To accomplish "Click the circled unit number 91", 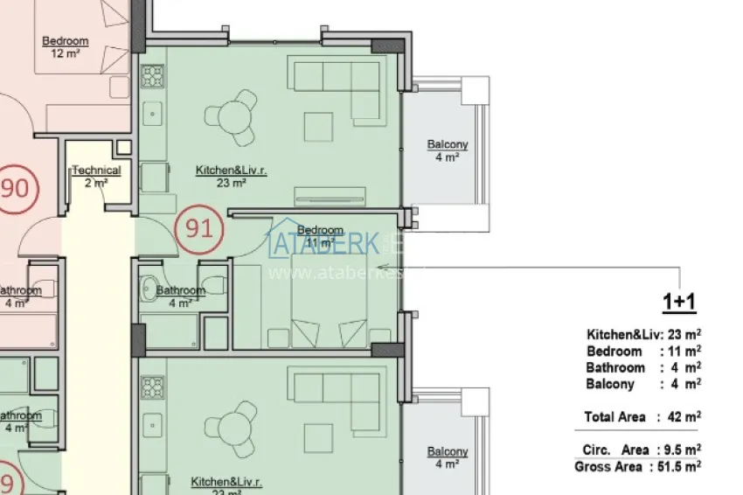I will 199,229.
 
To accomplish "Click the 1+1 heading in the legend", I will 678,303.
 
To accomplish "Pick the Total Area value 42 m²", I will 683,417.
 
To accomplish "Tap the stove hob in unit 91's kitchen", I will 153,77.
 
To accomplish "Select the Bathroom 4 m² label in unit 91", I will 181,296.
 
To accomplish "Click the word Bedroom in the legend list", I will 614,351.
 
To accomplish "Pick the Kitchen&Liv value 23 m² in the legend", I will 685,334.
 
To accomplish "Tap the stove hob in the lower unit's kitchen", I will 153,387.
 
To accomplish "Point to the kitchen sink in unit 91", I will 152,113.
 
